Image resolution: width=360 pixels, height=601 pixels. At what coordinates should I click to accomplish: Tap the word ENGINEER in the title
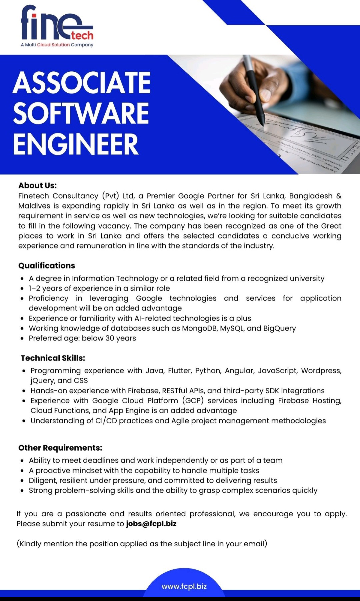(x=76, y=144)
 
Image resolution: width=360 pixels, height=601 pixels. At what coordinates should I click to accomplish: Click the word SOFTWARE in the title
(x=81, y=113)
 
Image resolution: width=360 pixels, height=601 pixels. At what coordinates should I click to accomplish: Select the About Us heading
(x=37, y=185)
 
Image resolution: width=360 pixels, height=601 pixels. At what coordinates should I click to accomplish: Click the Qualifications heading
(x=47, y=265)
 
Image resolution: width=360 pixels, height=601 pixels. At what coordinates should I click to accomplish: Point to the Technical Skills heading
(x=53, y=358)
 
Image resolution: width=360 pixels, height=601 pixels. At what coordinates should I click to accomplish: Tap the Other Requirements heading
(x=60, y=448)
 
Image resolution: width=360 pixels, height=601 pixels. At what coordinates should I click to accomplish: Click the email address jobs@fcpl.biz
(x=151, y=524)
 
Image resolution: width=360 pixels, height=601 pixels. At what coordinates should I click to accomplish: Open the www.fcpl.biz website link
(x=184, y=586)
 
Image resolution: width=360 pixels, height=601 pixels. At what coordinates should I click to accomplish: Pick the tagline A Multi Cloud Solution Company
(x=57, y=45)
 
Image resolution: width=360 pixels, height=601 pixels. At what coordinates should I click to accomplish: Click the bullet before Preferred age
(x=22, y=339)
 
